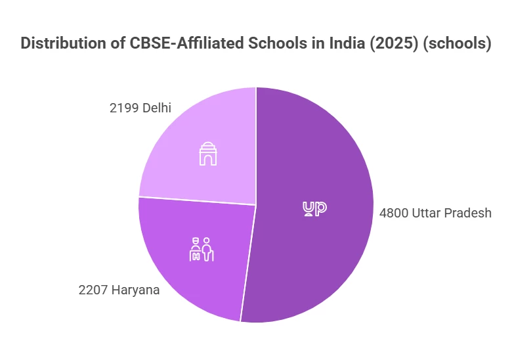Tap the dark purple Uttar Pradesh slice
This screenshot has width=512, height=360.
(x=315, y=250)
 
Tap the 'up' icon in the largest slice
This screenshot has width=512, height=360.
(x=314, y=208)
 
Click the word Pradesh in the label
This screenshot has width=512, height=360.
(x=469, y=213)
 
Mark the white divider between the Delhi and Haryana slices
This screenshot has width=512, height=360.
(x=197, y=200)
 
